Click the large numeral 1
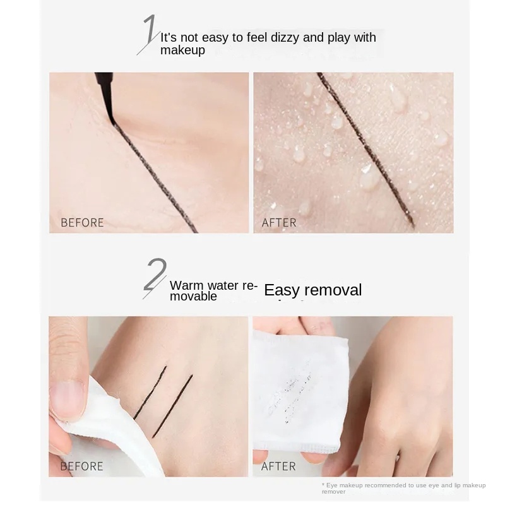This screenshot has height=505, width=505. [x=150, y=34]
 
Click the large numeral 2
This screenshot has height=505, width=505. [x=155, y=278]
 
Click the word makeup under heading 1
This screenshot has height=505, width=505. [x=182, y=50]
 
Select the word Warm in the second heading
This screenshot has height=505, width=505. [x=187, y=285]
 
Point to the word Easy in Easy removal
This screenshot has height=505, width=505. [x=282, y=290]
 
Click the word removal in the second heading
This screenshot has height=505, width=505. [x=333, y=290]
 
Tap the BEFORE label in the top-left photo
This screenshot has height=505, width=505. [x=82, y=223]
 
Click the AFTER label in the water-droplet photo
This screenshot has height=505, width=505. [x=278, y=223]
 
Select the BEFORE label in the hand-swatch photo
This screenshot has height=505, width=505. [x=81, y=466]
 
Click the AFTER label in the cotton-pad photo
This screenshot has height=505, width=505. [x=278, y=466]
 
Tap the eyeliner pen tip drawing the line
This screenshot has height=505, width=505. [x=113, y=122]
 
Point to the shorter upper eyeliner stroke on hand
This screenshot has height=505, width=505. [x=150, y=393]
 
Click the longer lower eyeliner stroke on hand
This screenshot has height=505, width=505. [x=172, y=407]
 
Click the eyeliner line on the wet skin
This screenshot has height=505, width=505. [x=365, y=149]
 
